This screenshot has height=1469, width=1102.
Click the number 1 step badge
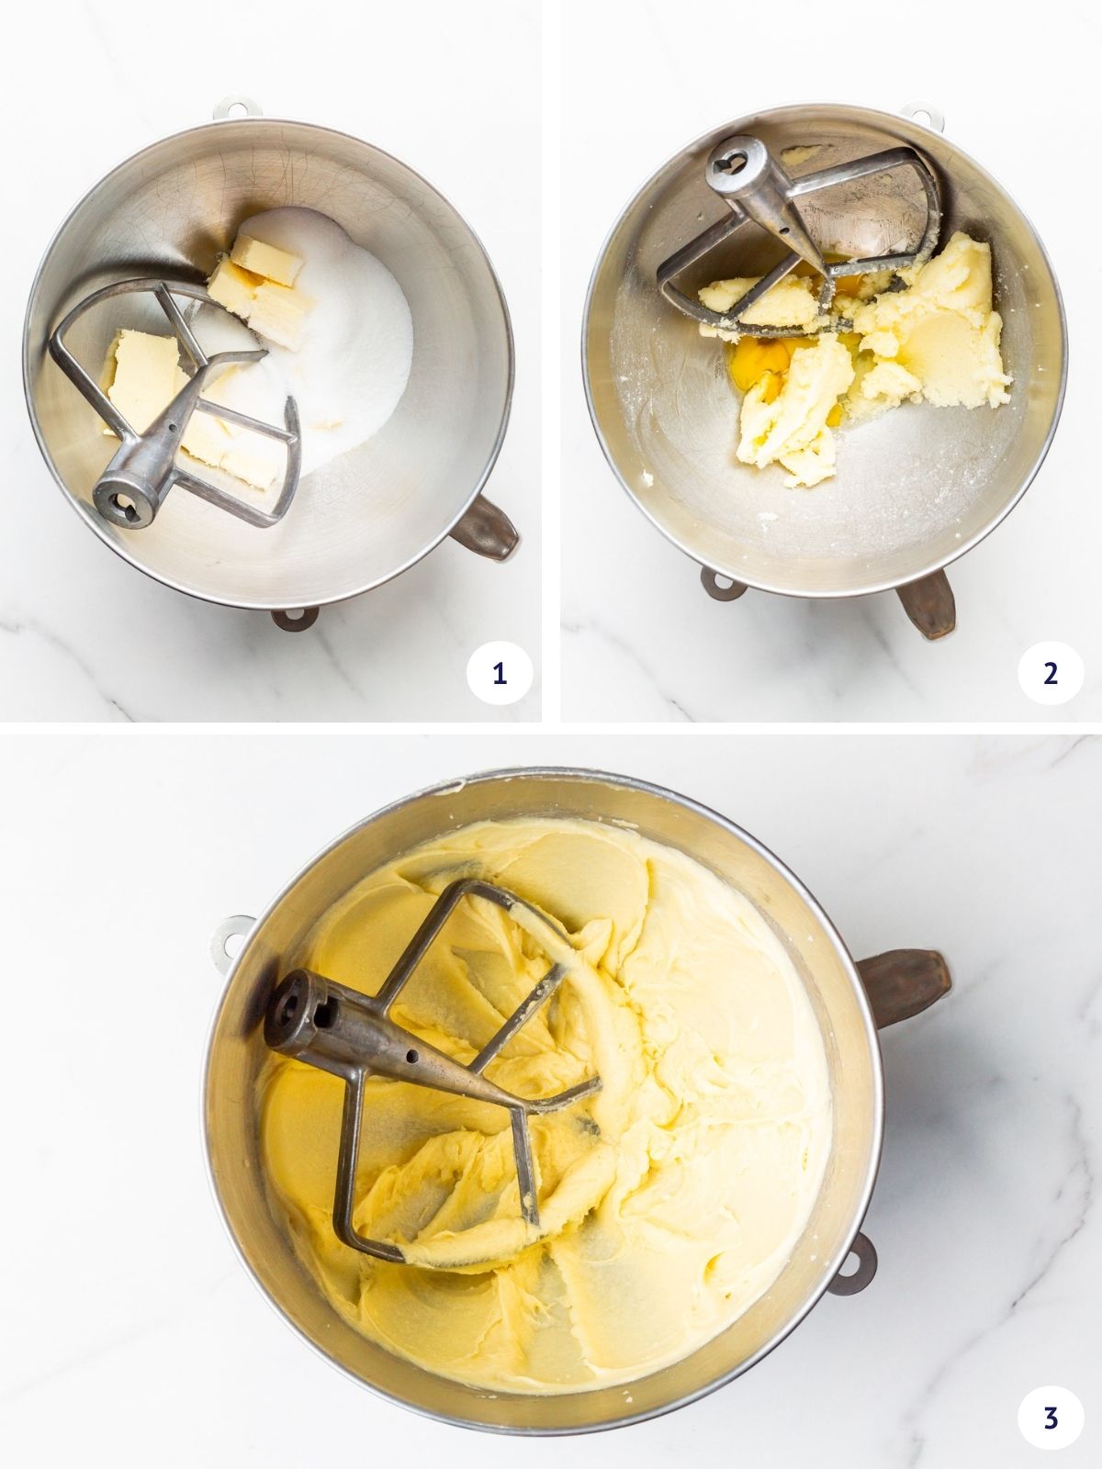click(x=499, y=674)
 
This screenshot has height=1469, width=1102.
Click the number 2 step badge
click(x=1050, y=674)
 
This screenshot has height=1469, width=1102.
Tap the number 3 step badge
click(x=1050, y=1418)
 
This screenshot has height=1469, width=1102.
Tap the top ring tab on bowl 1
click(x=232, y=106)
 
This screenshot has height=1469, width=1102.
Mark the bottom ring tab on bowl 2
click(x=721, y=586)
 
